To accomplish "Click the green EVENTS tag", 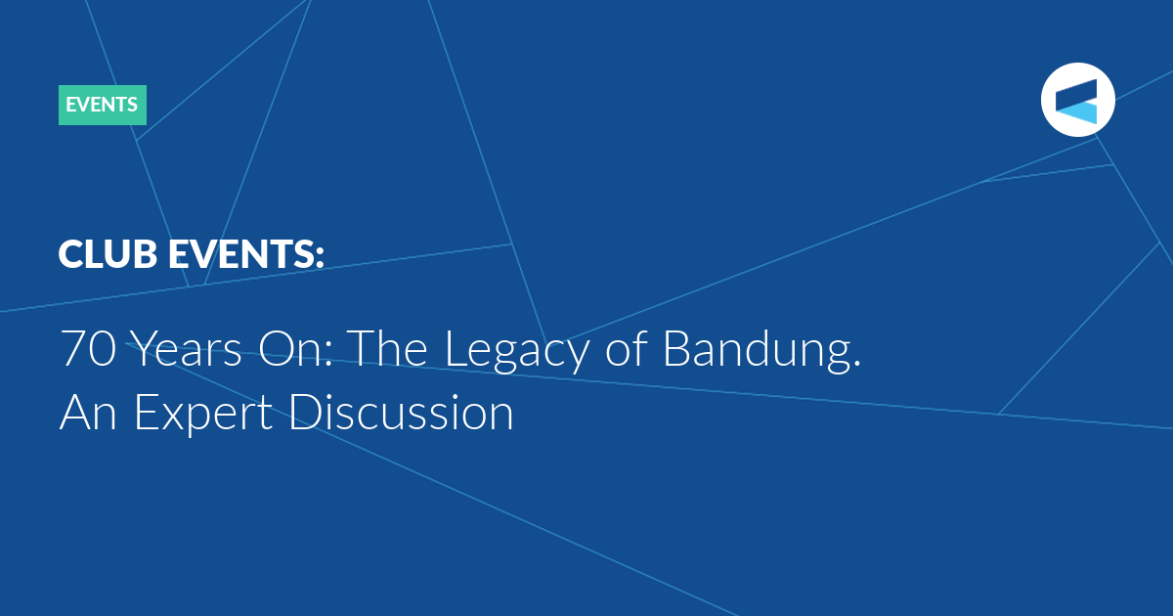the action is tap(102, 105).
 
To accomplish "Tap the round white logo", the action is tap(1077, 100).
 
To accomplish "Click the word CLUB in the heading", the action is tap(108, 254).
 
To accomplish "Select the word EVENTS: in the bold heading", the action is tap(246, 254).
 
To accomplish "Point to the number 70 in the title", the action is tap(88, 349).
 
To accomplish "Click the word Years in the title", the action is tap(186, 349).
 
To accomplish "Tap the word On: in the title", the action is tap(295, 349).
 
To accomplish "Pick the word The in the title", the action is tap(387, 349).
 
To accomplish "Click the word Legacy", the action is tap(517, 351).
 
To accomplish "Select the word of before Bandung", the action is tap(627, 348).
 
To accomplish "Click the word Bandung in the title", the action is tap(755, 351).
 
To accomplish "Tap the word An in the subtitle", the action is tap(88, 413).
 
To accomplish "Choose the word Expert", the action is tap(203, 415).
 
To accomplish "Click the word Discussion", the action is tap(401, 412).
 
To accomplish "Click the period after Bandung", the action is tap(856, 363).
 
